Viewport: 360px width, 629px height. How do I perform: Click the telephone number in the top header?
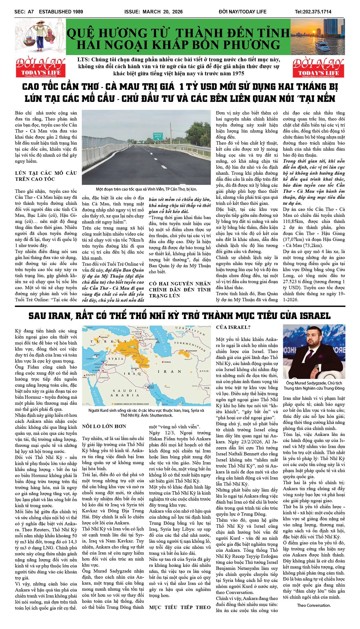point(313,12)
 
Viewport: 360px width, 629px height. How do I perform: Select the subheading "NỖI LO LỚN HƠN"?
point(104,426)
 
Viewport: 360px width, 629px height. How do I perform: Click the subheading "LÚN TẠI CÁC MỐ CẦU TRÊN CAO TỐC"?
point(46,176)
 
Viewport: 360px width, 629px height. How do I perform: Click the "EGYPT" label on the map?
point(91,375)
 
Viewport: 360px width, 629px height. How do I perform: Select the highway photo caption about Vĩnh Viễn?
point(146,189)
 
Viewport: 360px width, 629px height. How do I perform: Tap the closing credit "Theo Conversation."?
point(314,605)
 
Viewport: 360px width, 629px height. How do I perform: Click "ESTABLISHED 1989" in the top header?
point(61,12)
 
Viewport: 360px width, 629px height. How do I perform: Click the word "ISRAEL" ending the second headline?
point(315,316)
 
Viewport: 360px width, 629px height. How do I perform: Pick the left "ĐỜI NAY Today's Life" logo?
point(41,67)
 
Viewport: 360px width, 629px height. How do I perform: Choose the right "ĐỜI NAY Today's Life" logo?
point(319,67)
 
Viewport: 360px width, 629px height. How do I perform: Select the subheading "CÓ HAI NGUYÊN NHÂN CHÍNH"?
point(180,289)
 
